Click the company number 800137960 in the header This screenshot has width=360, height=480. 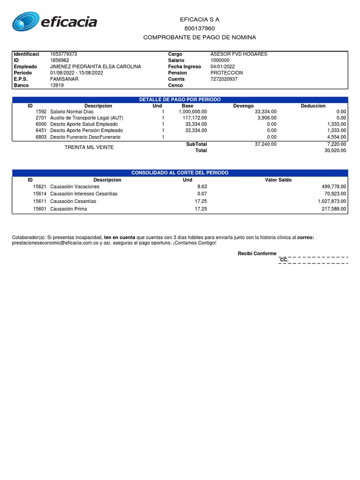coord(199,29)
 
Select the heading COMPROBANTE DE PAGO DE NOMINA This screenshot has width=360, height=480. coord(199,37)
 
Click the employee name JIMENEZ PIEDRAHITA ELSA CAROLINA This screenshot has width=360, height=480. coord(95,67)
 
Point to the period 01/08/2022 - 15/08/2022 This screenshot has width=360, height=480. coord(76,73)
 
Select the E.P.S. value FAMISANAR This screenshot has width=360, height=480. coord(64,79)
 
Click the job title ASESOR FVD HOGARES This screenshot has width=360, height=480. coord(239,54)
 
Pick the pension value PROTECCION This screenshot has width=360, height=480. coord(226,73)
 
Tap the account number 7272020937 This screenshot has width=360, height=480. coord(224,79)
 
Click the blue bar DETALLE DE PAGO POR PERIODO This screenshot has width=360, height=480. coord(180,100)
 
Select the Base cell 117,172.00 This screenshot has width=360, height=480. coord(193,118)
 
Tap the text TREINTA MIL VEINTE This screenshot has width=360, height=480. coord(89,147)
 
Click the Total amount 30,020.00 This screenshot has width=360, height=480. coord(335,150)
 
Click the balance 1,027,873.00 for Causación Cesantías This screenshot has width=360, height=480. coord(330,201)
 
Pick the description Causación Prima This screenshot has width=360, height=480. coord(68,209)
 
